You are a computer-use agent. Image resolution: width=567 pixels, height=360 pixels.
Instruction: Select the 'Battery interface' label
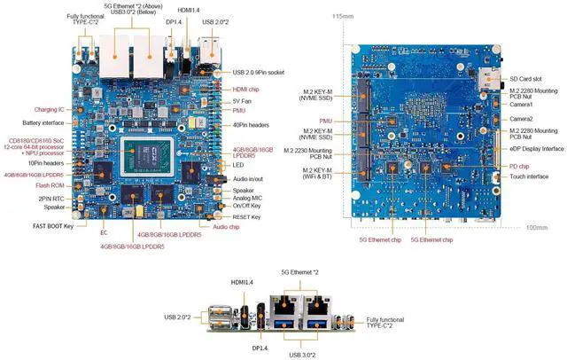point(43,122)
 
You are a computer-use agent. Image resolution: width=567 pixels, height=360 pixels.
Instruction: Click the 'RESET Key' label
point(246,216)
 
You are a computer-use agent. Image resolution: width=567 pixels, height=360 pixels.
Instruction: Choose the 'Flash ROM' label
point(57,186)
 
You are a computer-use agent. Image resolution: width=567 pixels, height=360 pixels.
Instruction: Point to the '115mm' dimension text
point(342,17)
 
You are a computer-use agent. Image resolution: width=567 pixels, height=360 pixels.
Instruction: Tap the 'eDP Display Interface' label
point(537,149)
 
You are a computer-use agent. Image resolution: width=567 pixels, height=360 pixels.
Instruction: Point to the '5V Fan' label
point(243,100)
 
